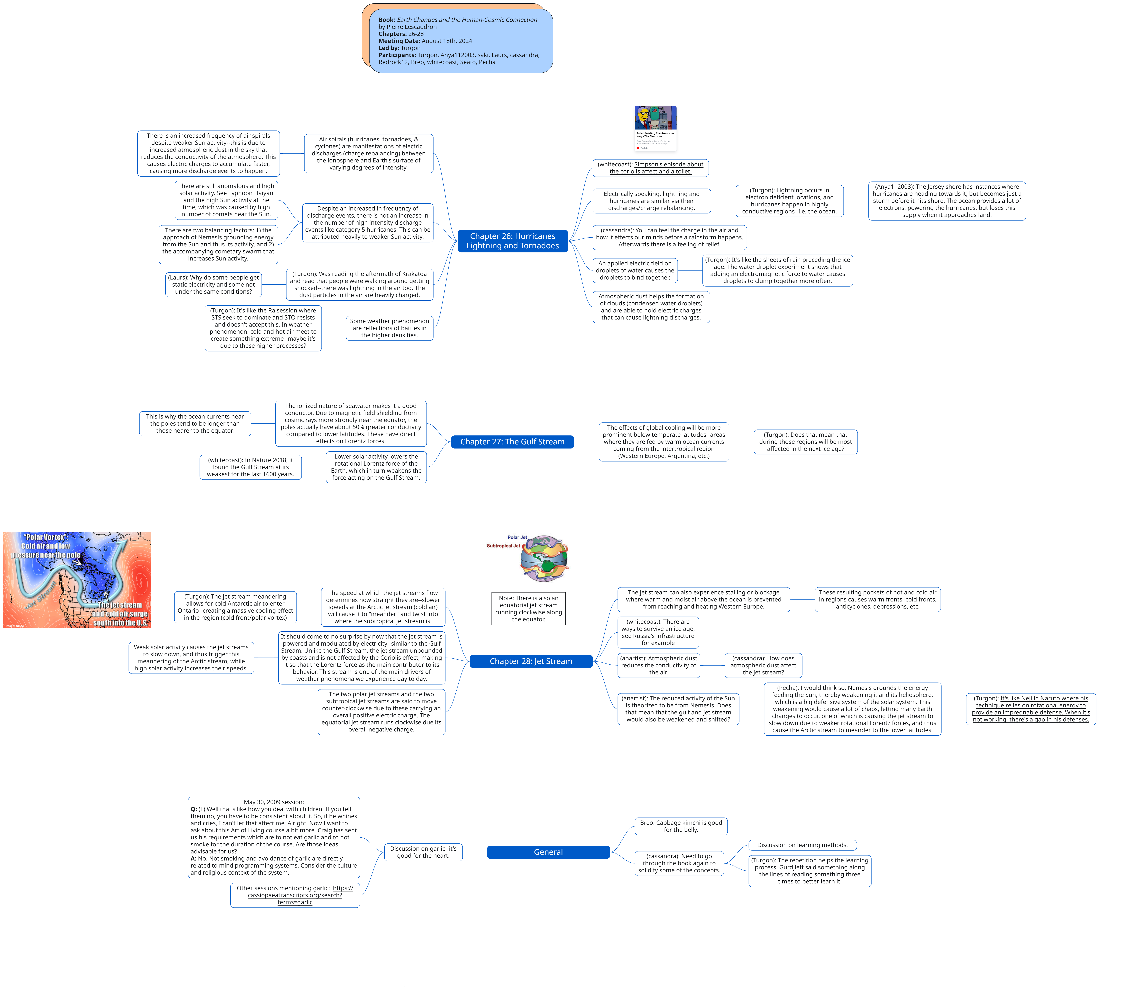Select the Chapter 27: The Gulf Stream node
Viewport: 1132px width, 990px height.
[512, 441]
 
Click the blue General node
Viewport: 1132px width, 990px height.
[548, 852]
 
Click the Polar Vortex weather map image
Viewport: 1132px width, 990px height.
[77, 580]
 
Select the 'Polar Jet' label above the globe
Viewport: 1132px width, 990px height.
[517, 537]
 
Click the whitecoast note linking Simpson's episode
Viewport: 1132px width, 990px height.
[650, 168]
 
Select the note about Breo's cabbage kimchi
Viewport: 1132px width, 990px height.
[681, 826]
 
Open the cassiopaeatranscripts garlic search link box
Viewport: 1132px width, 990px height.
[295, 895]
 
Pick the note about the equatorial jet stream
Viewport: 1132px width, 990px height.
[528, 608]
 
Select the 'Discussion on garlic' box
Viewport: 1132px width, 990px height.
[423, 852]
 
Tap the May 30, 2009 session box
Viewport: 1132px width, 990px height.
[273, 837]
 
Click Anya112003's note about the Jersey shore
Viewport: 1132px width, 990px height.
[946, 200]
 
